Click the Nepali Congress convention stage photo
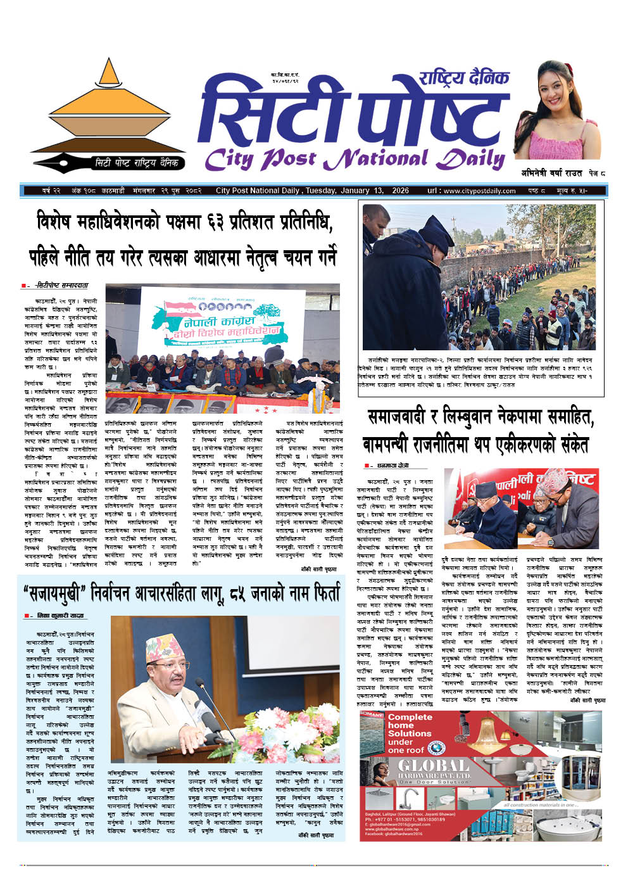[222, 348]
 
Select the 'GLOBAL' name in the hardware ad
[434, 766]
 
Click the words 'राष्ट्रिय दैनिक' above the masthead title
[463, 78]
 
